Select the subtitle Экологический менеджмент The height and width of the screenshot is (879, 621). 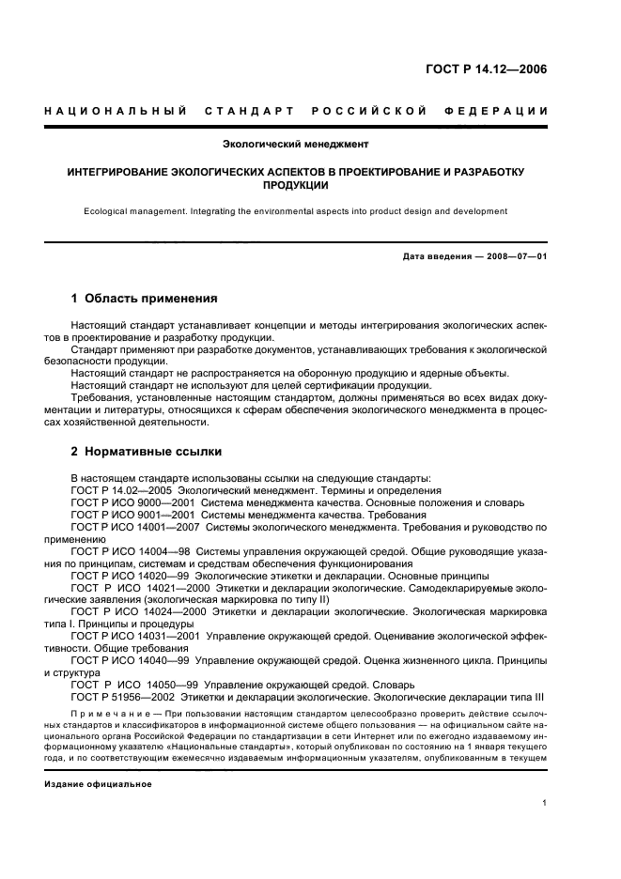(295, 145)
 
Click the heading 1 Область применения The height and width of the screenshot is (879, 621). (144, 299)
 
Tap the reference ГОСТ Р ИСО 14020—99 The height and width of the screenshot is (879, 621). (131, 576)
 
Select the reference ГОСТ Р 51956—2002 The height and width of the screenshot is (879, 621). (121, 698)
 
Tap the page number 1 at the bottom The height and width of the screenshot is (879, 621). (545, 804)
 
